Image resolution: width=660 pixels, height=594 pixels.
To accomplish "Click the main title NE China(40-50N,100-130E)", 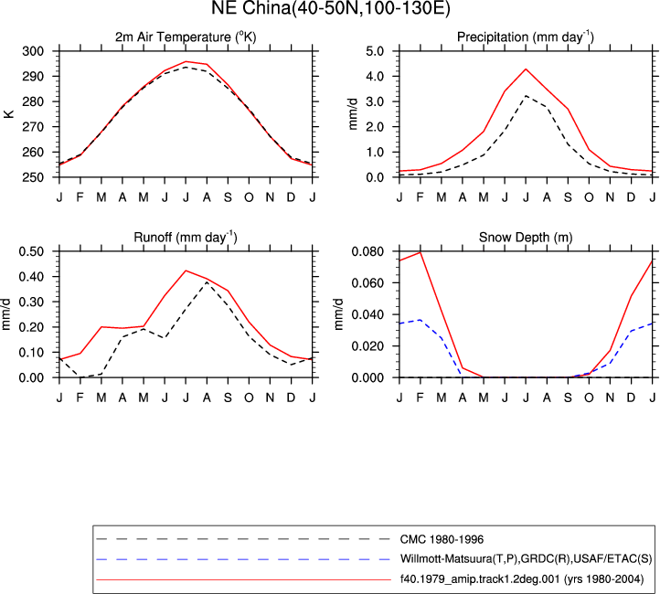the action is click(330, 8).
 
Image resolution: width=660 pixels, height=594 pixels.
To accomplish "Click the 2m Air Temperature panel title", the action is click(186, 37).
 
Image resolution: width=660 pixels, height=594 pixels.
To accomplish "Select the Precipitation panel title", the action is click(526, 37).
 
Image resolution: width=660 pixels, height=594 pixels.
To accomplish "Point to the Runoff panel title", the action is click(186, 238).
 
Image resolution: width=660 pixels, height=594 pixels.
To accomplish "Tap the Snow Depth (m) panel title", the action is click(526, 238).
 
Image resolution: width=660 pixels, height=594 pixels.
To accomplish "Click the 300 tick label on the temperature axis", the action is click(33, 51).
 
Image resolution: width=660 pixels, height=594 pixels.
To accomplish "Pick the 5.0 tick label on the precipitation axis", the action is click(375, 51).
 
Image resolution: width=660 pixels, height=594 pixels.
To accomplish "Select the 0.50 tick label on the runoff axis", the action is click(32, 251).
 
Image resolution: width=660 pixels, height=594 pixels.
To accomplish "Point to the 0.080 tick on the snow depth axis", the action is click(367, 251).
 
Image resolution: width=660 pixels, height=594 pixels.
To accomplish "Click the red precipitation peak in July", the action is click(526, 69).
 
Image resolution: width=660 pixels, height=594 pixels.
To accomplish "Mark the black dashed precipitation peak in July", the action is click(526, 96).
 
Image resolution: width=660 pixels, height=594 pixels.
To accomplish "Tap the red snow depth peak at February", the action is click(420, 252).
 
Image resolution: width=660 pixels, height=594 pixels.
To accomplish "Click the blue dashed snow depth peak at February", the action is click(420, 320).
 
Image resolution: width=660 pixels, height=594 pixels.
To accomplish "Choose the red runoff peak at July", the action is click(186, 270).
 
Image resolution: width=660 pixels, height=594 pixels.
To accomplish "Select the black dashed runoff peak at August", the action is click(207, 281).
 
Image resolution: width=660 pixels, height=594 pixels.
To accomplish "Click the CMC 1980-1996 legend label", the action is click(442, 539).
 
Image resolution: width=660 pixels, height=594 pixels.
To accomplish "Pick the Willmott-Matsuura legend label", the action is click(527, 559).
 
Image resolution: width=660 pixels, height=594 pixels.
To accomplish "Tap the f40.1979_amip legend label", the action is click(522, 579).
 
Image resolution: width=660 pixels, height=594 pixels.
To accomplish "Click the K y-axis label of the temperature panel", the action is click(9, 114).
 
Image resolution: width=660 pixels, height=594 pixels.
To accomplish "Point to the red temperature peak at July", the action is click(186, 61).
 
